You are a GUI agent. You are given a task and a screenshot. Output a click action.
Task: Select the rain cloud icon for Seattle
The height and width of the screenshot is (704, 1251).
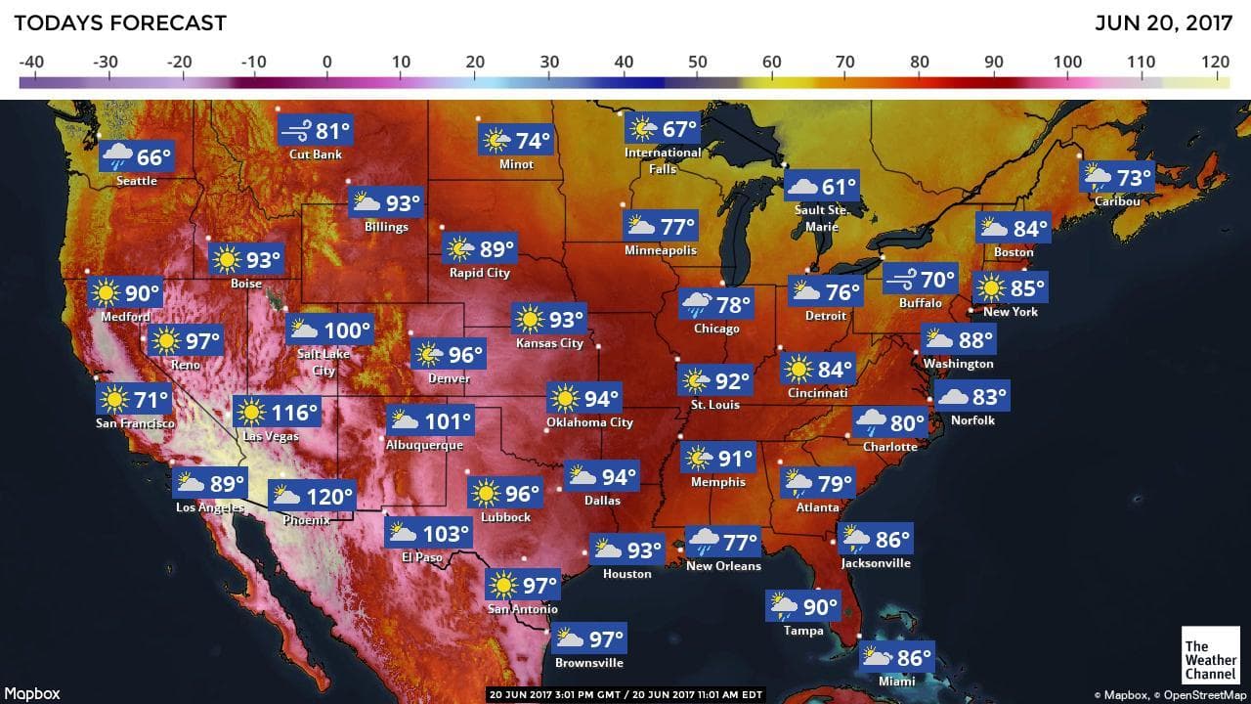tap(118, 156)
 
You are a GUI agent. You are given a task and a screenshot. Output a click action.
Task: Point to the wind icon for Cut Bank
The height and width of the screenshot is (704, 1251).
tap(295, 130)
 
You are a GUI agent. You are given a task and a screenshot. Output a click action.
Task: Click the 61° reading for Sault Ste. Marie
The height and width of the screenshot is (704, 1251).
tap(839, 187)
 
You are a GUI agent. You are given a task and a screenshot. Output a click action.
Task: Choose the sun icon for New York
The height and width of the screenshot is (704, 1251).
tap(991, 289)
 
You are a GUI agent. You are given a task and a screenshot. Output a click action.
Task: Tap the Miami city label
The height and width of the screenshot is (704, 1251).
tap(896, 681)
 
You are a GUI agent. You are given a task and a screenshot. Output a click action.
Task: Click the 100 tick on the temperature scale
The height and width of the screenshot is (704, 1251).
tap(1068, 63)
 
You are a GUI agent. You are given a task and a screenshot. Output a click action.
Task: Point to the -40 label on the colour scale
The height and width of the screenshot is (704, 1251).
tap(31, 63)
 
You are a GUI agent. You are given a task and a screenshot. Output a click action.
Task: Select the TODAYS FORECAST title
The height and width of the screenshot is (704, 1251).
tap(120, 22)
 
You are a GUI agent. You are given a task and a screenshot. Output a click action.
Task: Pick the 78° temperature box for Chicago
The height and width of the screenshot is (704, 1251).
tap(715, 304)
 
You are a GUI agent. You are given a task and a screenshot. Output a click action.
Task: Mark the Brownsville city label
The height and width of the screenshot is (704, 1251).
tap(588, 663)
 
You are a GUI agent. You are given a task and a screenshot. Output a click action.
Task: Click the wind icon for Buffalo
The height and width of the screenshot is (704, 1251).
tap(900, 280)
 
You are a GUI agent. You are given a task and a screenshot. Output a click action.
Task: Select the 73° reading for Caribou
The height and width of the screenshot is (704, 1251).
tap(1135, 178)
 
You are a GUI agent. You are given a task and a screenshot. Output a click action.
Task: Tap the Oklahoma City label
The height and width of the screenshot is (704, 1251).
tap(589, 422)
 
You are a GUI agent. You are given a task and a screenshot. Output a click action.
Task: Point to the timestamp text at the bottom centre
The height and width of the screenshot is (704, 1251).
tap(625, 695)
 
